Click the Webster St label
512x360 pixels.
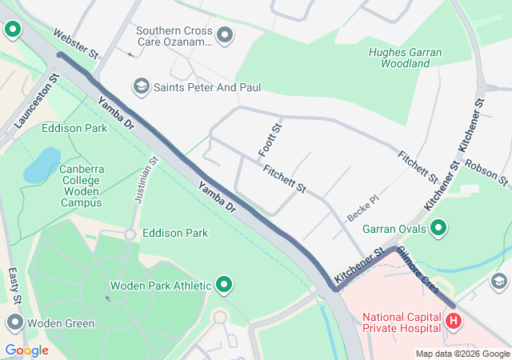(x=74, y=44)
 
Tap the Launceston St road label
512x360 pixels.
(x=37, y=102)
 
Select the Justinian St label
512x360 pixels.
(x=145, y=180)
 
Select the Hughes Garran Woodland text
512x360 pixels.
(x=405, y=58)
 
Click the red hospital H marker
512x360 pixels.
(x=454, y=322)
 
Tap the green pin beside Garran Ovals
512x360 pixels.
(x=438, y=230)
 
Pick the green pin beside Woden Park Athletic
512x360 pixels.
(x=225, y=285)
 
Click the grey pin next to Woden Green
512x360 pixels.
(x=14, y=323)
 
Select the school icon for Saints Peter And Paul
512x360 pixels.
(x=142, y=86)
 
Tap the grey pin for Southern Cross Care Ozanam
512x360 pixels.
(x=225, y=34)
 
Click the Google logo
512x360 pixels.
(x=26, y=350)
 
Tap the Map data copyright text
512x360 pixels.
(x=462, y=354)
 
